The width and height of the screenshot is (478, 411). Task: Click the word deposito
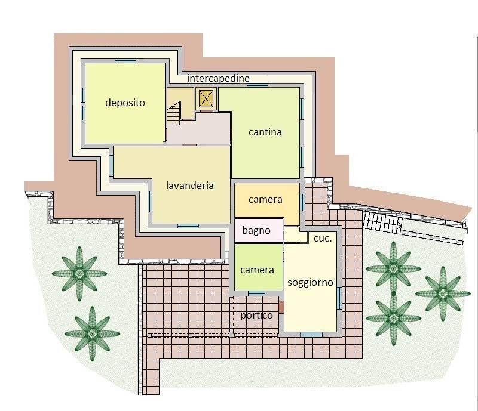[x=125, y=103]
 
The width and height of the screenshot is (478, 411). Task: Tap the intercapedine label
[x=218, y=78]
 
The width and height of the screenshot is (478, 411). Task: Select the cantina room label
[x=265, y=132]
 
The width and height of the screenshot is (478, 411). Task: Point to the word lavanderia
[x=189, y=186]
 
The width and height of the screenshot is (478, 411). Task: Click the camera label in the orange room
[x=265, y=199]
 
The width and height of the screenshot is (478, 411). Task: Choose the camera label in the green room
[x=257, y=270]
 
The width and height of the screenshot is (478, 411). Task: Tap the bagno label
[x=256, y=230]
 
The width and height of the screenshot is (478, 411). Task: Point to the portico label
[x=256, y=315]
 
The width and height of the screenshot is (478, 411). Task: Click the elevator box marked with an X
[x=206, y=98]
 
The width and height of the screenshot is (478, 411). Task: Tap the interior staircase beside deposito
[x=174, y=113]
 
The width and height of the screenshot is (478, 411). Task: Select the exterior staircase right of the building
[x=381, y=223]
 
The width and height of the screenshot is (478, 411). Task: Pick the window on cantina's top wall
[x=257, y=85]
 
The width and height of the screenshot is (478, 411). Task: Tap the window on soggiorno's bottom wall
[x=311, y=335]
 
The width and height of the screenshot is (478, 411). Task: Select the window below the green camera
[x=256, y=293]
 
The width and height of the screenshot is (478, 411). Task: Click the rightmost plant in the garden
[x=443, y=292]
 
